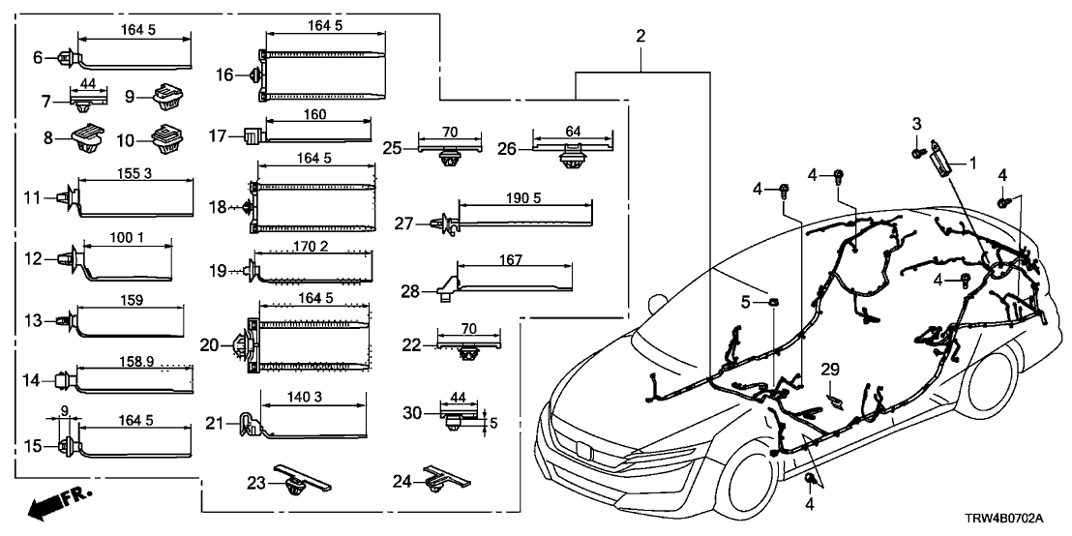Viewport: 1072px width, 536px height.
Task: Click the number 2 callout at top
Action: point(640,36)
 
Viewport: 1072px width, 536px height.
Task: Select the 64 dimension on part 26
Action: point(574,131)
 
